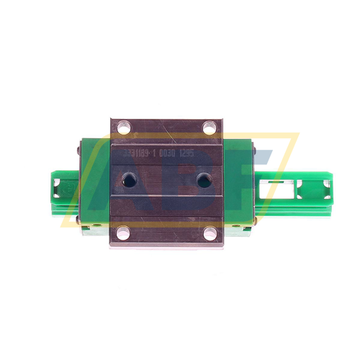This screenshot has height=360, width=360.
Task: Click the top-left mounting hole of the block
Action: [x=122, y=130]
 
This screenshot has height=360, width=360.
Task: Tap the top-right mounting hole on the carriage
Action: [x=210, y=130]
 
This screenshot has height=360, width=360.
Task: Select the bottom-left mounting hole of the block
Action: [x=122, y=232]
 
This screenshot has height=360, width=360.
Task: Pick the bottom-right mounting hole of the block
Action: [x=210, y=232]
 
